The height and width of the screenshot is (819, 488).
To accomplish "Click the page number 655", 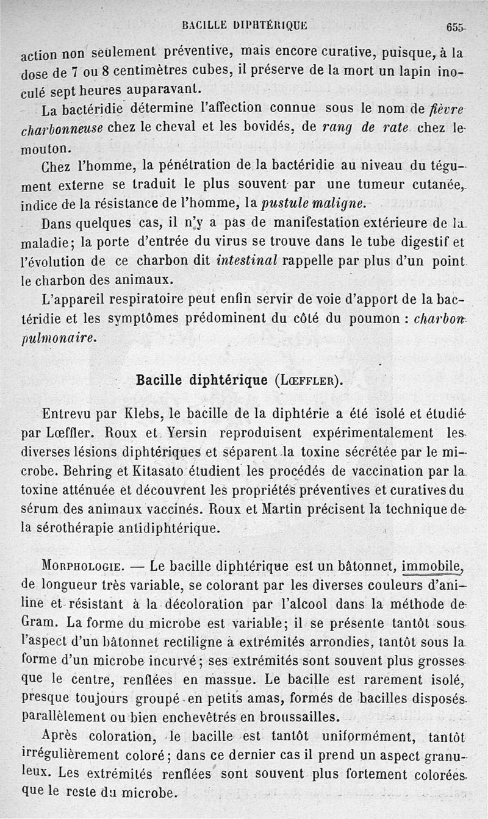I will [x=455, y=27].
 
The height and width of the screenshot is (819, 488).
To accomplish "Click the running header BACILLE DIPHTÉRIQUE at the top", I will [x=244, y=26].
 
